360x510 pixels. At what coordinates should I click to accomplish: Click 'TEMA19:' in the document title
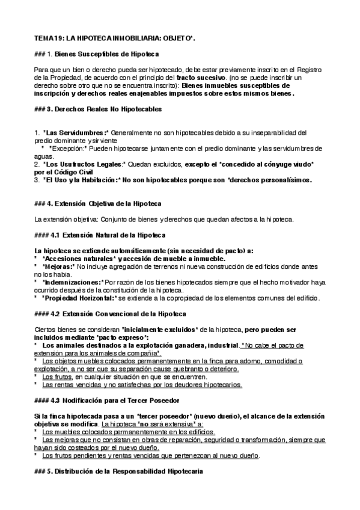pos(49,38)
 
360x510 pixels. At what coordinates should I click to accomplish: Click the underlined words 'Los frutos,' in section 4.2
pos(58,376)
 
